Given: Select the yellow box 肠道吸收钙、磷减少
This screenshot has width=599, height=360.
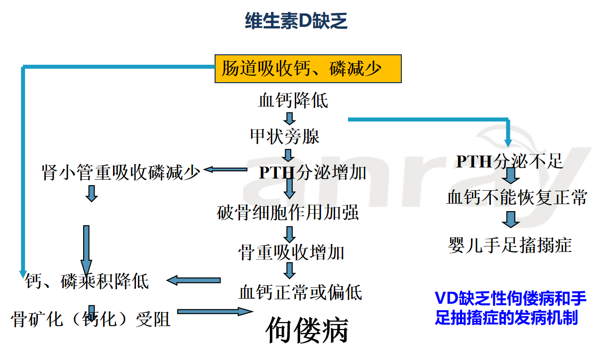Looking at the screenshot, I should (308, 68).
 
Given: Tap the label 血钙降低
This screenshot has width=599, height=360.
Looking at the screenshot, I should (293, 101).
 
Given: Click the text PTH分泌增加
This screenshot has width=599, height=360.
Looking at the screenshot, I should (312, 172).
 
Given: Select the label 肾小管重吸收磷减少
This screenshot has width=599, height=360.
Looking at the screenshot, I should (121, 173).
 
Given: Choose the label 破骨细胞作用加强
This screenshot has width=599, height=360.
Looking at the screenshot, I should (288, 213).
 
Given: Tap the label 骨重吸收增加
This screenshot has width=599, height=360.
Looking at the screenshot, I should (291, 252).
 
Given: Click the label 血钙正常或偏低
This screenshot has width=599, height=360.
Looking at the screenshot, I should (300, 292).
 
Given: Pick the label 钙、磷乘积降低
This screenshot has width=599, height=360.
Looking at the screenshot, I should (87, 282).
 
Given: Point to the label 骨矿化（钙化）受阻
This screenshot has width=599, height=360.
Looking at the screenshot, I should (91, 318).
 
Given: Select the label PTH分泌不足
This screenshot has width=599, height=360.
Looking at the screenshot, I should (509, 161).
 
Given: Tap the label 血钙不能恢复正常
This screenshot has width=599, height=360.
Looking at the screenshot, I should (517, 198).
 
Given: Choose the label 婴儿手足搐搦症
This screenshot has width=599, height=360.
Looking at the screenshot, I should (509, 245).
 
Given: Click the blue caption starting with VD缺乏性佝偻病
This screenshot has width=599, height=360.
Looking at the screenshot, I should (510, 308).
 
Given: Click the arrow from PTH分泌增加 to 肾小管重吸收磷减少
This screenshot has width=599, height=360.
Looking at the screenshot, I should (225, 170).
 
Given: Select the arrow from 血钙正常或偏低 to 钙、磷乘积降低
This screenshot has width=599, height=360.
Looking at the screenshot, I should (194, 280).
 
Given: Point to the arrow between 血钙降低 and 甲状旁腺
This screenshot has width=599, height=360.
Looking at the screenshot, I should (290, 119).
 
